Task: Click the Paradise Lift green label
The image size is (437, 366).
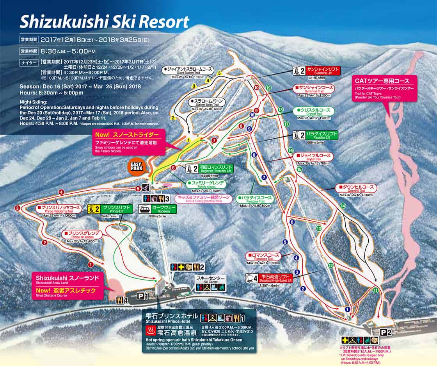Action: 322,135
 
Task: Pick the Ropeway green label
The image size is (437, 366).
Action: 163,209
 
